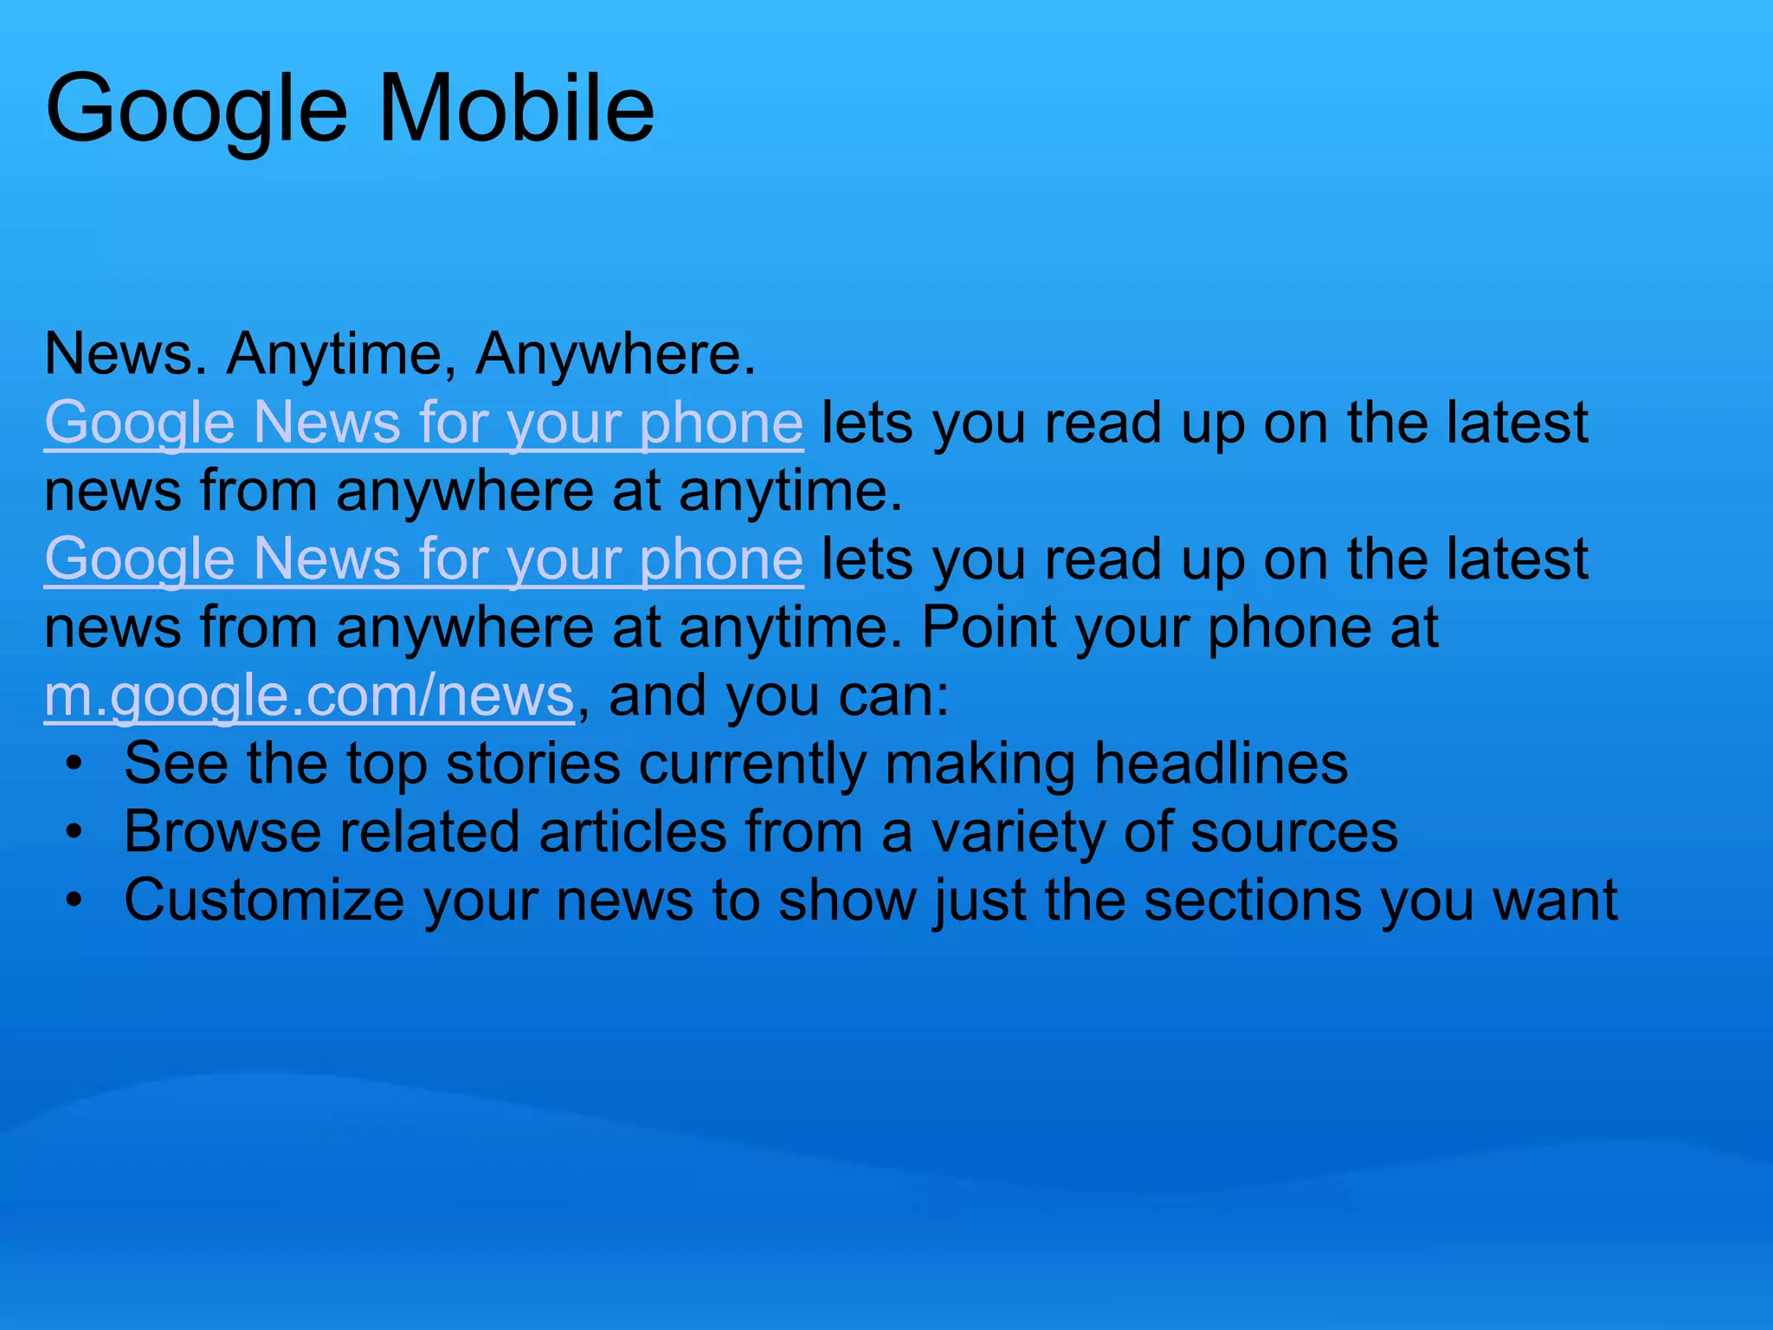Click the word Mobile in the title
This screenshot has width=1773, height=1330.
point(517,109)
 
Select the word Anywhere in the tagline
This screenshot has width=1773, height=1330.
point(615,355)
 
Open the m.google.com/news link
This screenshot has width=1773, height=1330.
point(309,696)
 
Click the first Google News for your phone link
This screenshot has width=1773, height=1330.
point(423,424)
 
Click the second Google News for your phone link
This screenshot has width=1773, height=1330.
point(423,560)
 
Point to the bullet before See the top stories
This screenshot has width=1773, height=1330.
point(75,765)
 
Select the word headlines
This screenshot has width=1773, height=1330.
point(1221,764)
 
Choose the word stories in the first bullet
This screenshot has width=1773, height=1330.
point(533,764)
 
